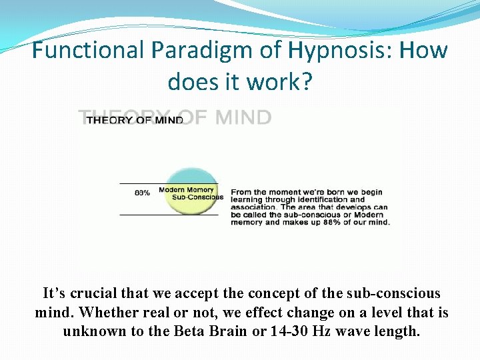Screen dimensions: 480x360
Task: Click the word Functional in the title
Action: tap(88, 49)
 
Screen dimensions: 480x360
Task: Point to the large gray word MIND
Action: tap(243, 117)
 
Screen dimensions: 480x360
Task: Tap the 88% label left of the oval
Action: tap(142, 193)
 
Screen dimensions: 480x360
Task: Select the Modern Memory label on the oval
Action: tap(186, 190)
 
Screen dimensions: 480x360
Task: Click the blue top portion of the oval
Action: tap(191, 176)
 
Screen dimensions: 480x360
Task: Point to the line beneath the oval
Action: tap(169, 215)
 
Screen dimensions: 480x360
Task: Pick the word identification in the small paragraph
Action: tap(320, 199)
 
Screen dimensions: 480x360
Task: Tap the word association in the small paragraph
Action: tap(253, 207)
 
